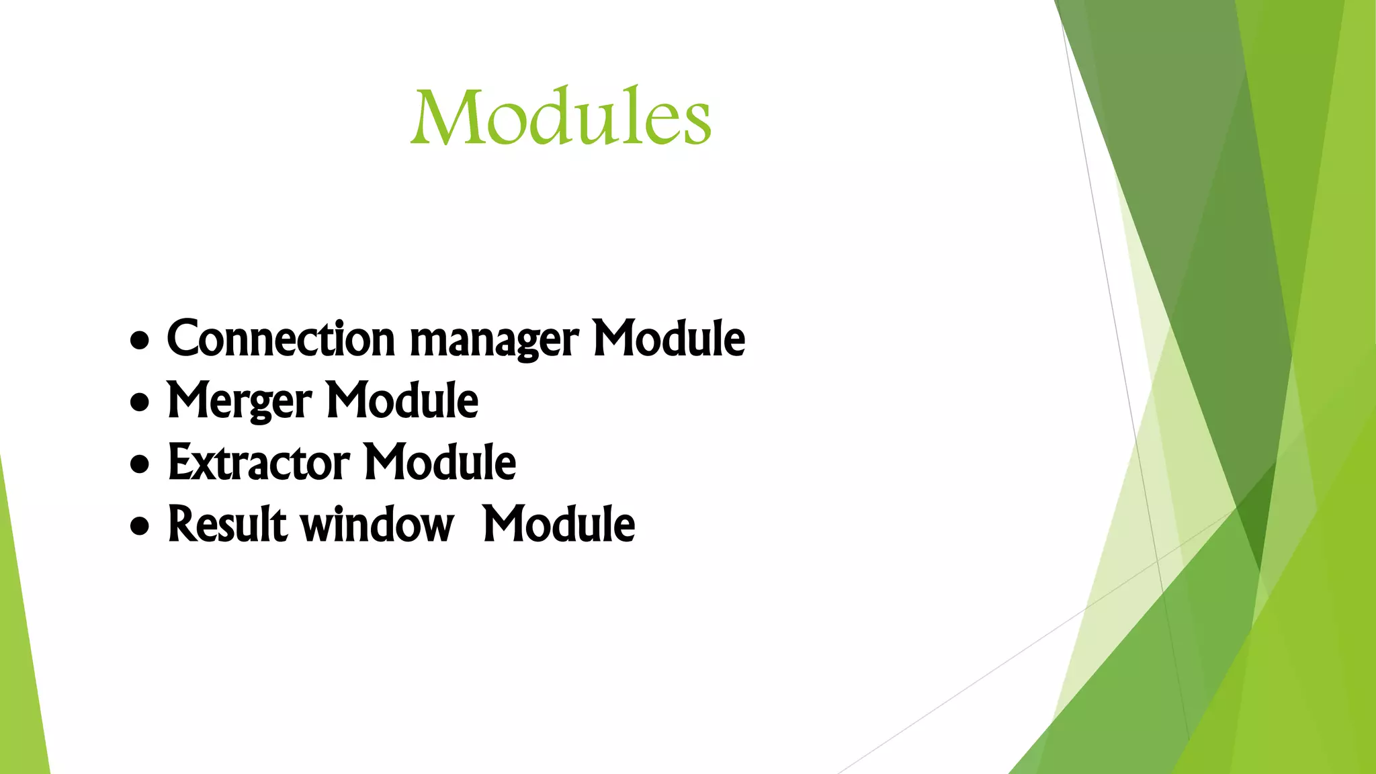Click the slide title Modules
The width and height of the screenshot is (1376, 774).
pyautogui.click(x=561, y=117)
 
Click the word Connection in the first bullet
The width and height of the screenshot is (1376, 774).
pyautogui.click(x=281, y=339)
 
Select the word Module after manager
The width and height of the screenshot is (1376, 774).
pyautogui.click(x=669, y=339)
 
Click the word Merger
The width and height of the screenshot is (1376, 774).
pyautogui.click(x=239, y=402)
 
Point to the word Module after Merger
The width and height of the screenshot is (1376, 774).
pyautogui.click(x=402, y=400)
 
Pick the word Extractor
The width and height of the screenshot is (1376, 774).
pyautogui.click(x=259, y=463)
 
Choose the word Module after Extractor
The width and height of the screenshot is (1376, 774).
pyautogui.click(x=439, y=463)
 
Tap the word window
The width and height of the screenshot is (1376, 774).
pyautogui.click(x=377, y=525)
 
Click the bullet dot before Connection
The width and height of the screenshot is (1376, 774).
pyautogui.click(x=140, y=341)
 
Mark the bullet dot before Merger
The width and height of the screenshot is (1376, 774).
pyautogui.click(x=140, y=403)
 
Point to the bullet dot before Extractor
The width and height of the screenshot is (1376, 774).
pyautogui.click(x=140, y=465)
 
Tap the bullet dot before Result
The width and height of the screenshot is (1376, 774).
pyautogui.click(x=140, y=527)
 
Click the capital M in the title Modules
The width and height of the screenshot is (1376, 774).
pyautogui.click(x=447, y=118)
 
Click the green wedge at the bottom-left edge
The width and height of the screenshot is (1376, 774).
pyautogui.click(x=20, y=672)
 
